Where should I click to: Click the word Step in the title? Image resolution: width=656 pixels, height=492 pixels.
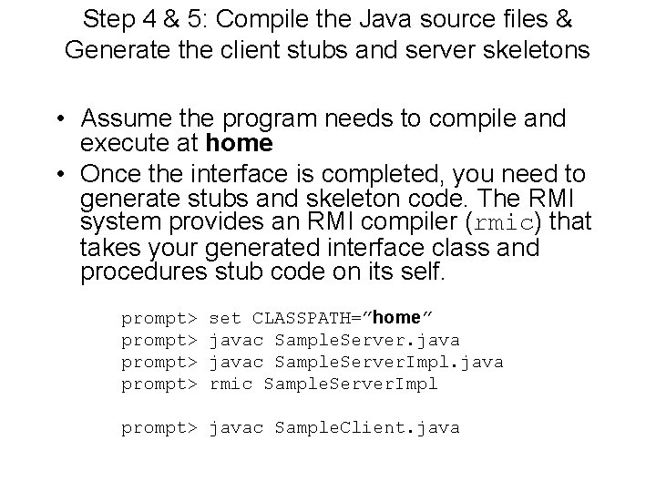pos(103,19)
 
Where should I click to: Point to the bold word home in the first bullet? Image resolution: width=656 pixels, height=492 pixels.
pos(240,143)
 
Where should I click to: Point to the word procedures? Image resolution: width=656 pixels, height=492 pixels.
pos(138,272)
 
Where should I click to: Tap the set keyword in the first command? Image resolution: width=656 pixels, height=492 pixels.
pos(225,318)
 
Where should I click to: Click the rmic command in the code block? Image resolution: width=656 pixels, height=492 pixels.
pos(231,384)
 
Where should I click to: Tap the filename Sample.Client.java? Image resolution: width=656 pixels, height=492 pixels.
pos(367,427)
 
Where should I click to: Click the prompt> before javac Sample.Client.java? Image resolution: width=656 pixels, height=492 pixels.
pos(159,427)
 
